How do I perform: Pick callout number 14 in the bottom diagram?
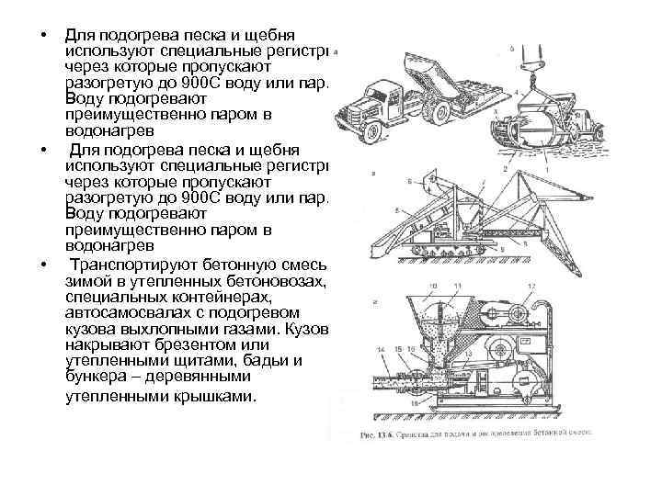(x=381, y=350)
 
